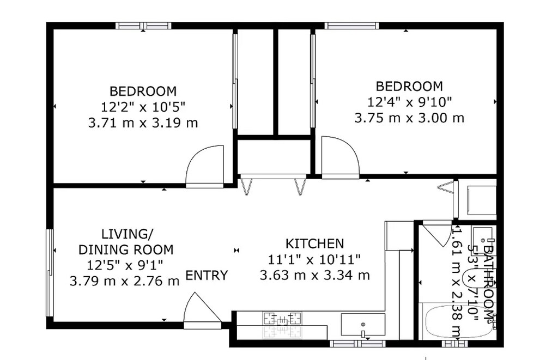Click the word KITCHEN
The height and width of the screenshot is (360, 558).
tap(315, 243)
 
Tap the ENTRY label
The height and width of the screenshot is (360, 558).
tap(207, 276)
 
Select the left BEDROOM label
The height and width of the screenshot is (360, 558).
tap(143, 91)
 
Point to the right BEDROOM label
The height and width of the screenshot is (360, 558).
tap(409, 86)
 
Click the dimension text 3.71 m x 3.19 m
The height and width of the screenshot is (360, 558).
tap(143, 123)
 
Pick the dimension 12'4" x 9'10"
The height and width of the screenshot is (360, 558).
tap(409, 102)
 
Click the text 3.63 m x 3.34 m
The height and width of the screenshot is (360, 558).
tap(315, 275)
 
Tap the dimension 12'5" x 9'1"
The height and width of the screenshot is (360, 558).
tap(125, 265)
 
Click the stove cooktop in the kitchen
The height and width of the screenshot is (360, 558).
tap(283, 319)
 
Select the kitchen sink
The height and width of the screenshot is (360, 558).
tap(363, 325)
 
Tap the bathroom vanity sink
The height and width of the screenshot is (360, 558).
tap(483, 236)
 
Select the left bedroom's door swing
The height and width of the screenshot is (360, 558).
tap(205, 166)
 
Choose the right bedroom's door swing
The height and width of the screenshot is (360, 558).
tap(340, 157)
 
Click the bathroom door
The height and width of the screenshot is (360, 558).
tap(437, 234)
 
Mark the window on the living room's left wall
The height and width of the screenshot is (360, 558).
tap(50, 273)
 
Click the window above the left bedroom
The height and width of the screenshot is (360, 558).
tap(143, 26)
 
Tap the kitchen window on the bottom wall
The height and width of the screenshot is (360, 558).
tap(357, 343)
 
